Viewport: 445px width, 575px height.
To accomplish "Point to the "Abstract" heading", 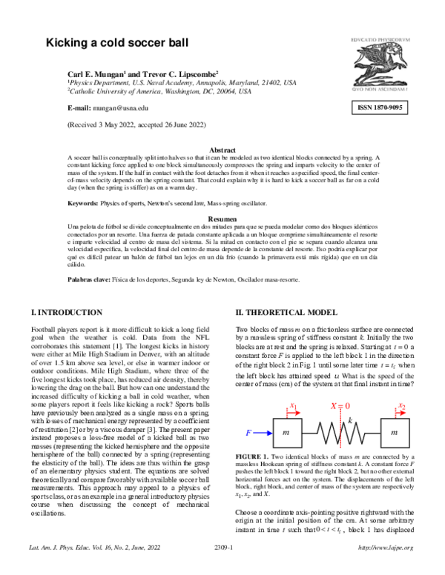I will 222,150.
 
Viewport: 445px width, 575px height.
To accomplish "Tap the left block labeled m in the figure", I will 286,431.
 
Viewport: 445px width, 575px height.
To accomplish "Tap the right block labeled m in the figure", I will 393,431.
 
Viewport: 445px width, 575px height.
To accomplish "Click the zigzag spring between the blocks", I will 340,431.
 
